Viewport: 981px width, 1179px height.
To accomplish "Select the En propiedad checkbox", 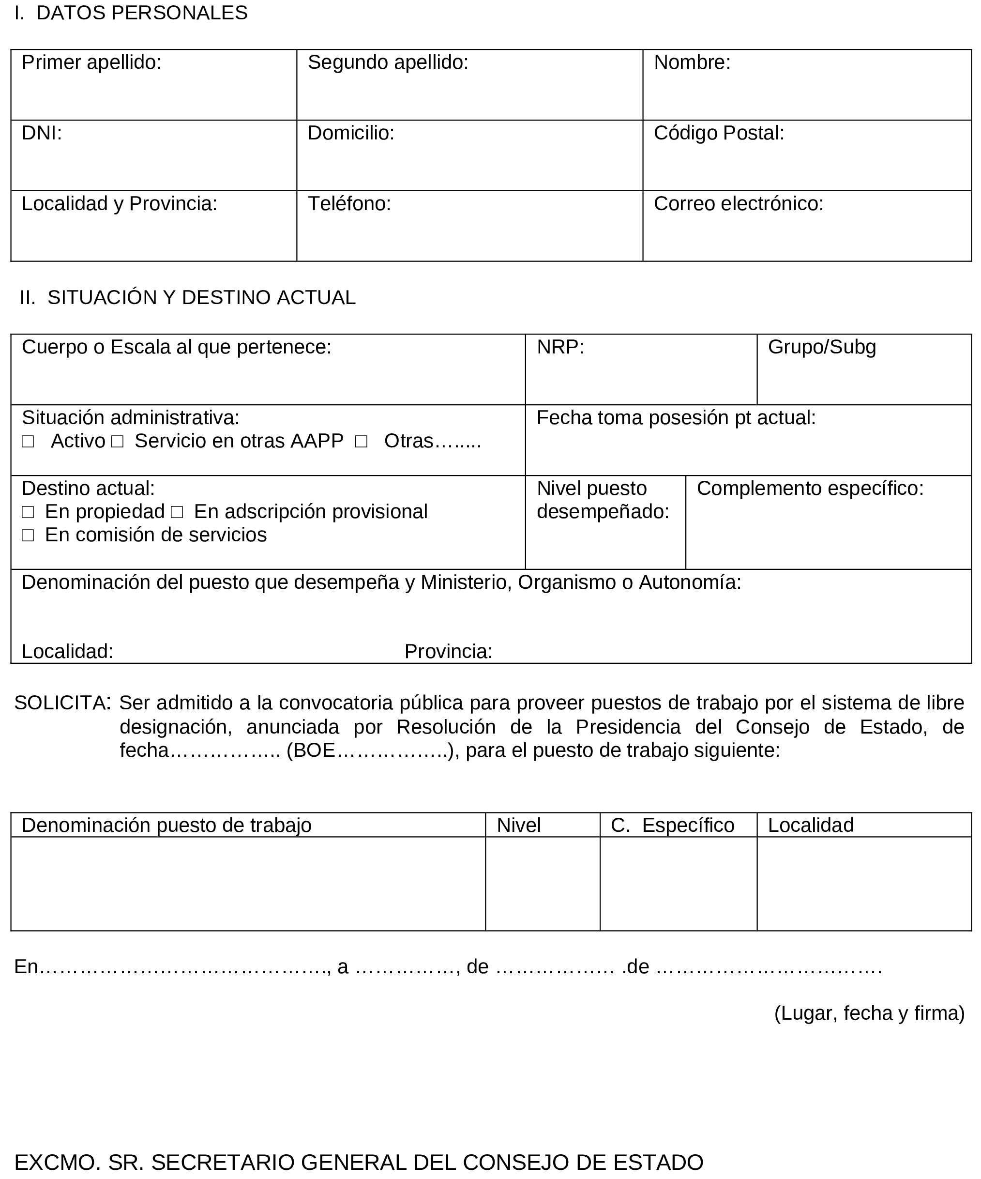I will pos(28,512).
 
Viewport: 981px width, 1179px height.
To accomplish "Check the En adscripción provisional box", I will pos(177,512).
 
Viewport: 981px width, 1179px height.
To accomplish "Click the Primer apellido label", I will pos(91,62).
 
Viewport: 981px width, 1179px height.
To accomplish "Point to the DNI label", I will pos(42,133).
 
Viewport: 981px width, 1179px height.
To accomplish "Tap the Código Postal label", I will pos(718,133).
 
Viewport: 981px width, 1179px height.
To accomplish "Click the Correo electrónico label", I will pos(738,204).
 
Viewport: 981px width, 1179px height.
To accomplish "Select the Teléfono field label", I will pos(349,204).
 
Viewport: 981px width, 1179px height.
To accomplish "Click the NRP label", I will pos(560,348).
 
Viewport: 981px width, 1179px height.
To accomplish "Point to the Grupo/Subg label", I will pos(822,348).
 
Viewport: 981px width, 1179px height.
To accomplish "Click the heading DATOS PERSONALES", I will pos(141,13).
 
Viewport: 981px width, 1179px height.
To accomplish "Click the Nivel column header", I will pos(518,825).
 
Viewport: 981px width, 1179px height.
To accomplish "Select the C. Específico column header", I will pos(672,825).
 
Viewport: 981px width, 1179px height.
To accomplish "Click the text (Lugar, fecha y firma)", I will pos(869,1013).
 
